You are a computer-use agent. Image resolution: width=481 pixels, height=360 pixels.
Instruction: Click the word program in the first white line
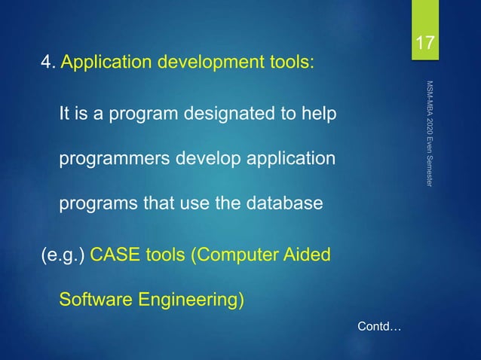click(x=128, y=116)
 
